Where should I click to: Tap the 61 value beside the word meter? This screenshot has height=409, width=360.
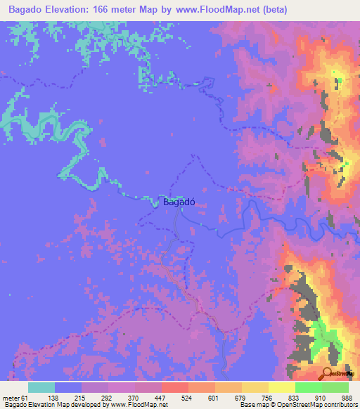pos(25,398)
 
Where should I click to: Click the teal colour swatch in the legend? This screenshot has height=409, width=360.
pos(41,387)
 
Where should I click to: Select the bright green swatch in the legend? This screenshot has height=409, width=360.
pos(309,387)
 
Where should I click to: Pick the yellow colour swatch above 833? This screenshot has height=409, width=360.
pos(282,387)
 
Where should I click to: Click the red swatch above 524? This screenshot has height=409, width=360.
pos(174,387)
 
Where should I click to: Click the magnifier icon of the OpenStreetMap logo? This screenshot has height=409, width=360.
pos(327,373)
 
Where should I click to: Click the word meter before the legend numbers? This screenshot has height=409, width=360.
pos(12,398)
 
